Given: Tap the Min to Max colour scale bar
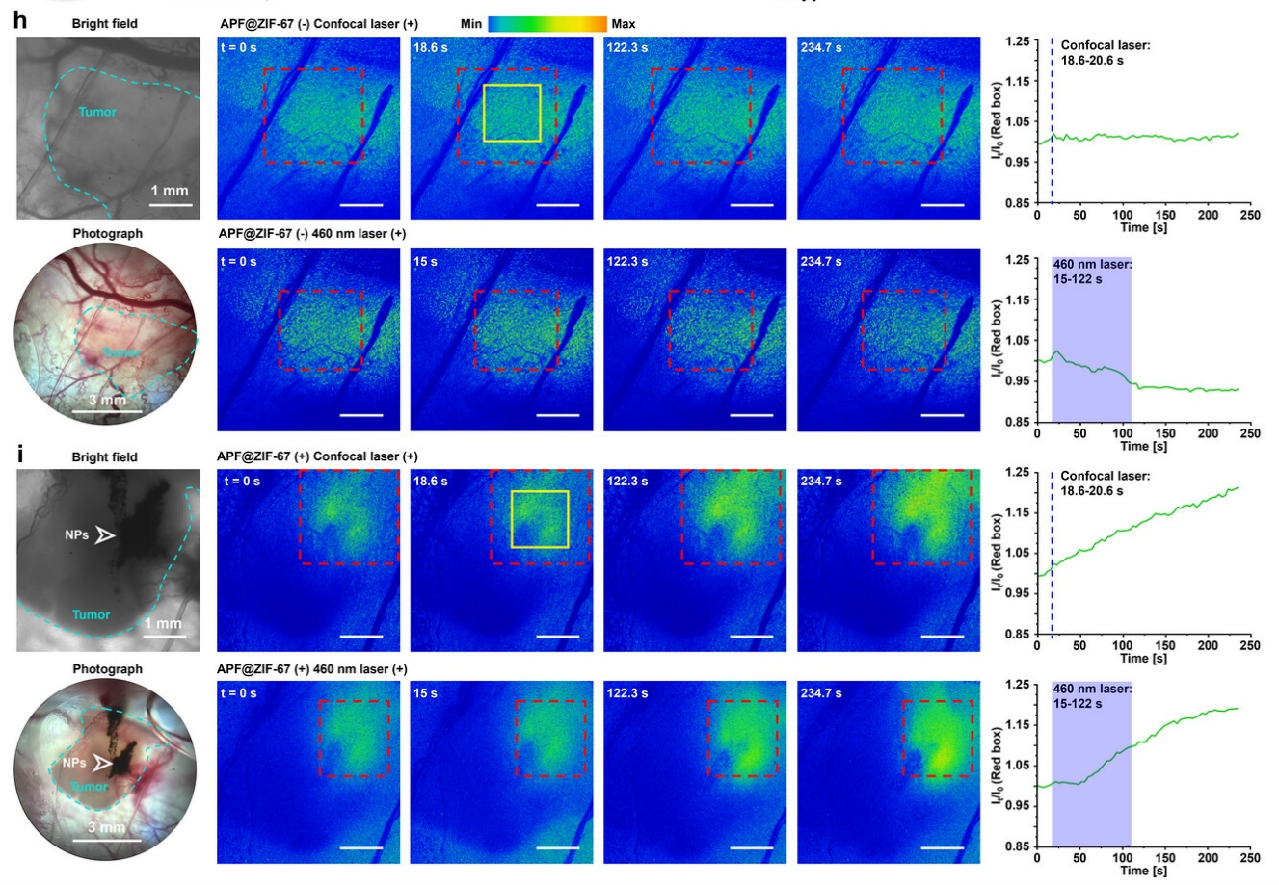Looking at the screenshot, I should (547, 23).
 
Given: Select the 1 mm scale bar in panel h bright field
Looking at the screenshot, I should (171, 204).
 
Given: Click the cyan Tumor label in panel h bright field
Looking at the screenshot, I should (97, 113).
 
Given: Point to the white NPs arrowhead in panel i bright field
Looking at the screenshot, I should (104, 534).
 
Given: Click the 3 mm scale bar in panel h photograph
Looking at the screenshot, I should (106, 412).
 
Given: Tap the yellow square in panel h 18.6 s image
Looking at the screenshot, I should (512, 113).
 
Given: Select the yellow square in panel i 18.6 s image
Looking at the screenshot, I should (539, 519).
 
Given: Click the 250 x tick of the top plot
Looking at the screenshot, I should (1249, 216).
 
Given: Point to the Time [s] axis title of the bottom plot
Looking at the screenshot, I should (1143, 871).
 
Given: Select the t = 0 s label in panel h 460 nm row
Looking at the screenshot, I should (238, 262).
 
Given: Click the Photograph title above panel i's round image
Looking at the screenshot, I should (107, 669).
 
